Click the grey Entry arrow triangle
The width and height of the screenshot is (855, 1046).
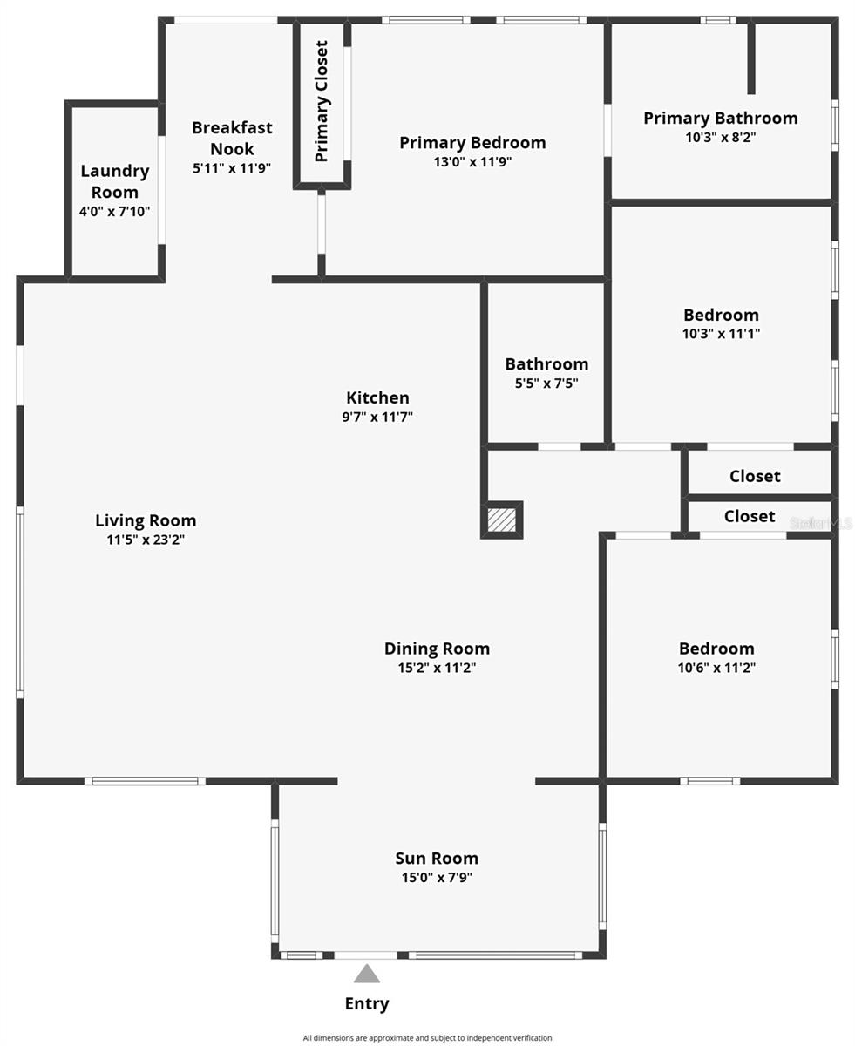tap(366, 975)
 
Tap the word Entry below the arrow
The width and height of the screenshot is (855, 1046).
tap(367, 1003)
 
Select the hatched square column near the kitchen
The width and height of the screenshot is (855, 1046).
tap(502, 520)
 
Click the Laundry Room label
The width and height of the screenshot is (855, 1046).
tap(114, 181)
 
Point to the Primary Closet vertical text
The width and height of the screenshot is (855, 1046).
tap(322, 101)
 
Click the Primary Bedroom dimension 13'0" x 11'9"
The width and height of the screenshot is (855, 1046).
tap(472, 161)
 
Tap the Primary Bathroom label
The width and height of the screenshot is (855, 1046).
tap(720, 118)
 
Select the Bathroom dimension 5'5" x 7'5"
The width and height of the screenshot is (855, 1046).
tap(546, 383)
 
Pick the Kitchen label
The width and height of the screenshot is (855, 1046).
tap(377, 397)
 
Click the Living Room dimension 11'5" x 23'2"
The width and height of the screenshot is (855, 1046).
tap(146, 540)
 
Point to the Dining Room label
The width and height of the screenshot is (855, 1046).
tap(437, 649)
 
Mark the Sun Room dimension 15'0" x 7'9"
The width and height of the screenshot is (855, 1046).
tap(437, 878)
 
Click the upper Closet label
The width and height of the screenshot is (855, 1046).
tap(755, 476)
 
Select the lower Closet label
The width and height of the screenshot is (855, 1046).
tap(750, 516)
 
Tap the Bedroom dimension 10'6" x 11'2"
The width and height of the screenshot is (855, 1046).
tap(716, 668)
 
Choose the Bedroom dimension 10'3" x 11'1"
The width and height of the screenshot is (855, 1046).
tap(721, 333)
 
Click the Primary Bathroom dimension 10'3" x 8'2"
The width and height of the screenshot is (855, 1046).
tap(720, 137)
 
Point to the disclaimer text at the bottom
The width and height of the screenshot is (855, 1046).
tap(427, 1038)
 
